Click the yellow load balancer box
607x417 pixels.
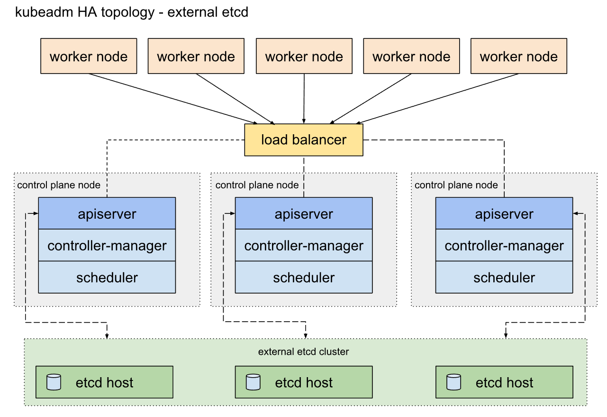click(304, 140)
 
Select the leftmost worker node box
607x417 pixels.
click(89, 56)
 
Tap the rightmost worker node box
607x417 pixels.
click(519, 56)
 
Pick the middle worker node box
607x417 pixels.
click(304, 56)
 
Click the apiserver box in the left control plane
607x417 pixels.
click(107, 213)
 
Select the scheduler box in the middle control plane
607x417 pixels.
click(304, 277)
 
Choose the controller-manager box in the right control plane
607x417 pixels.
click(504, 245)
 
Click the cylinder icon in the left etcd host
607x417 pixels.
click(54, 382)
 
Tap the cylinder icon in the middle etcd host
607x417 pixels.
click(253, 382)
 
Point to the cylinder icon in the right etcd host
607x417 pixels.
click(453, 382)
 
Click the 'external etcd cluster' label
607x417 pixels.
click(303, 352)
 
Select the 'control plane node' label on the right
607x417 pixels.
click(456, 185)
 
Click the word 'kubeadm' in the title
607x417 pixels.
click(44, 12)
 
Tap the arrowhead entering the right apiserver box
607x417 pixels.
click(576, 213)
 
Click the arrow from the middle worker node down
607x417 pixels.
click(304, 99)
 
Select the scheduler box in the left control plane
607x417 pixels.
click(107, 277)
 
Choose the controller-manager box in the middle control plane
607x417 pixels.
click(304, 245)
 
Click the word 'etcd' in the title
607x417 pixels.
click(235, 12)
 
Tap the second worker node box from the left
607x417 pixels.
click(196, 56)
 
